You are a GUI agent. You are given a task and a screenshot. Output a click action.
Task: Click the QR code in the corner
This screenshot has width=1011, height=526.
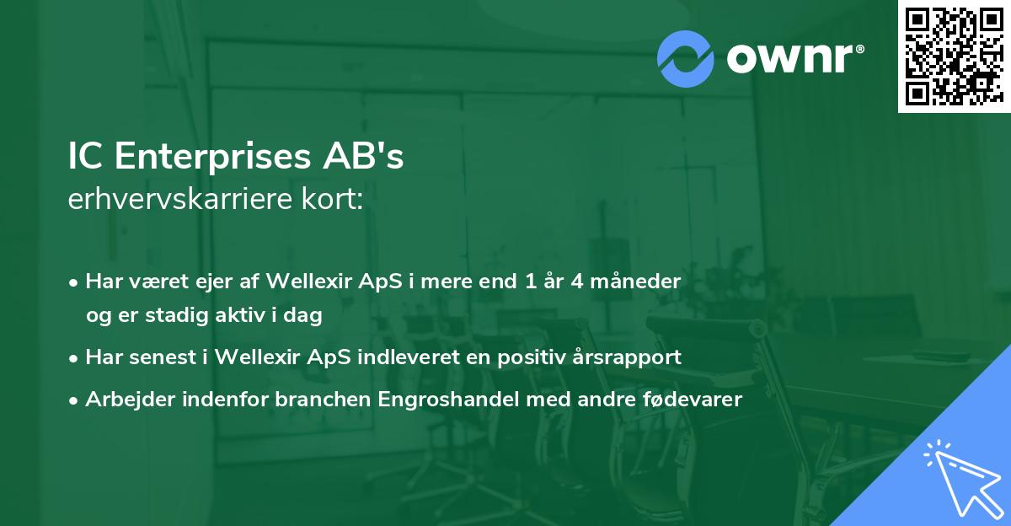pyautogui.click(x=953, y=56)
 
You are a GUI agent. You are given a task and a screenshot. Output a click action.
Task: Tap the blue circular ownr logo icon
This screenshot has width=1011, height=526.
pyautogui.click(x=686, y=59)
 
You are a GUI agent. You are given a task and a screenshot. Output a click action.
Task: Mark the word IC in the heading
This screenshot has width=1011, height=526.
pyautogui.click(x=84, y=158)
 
